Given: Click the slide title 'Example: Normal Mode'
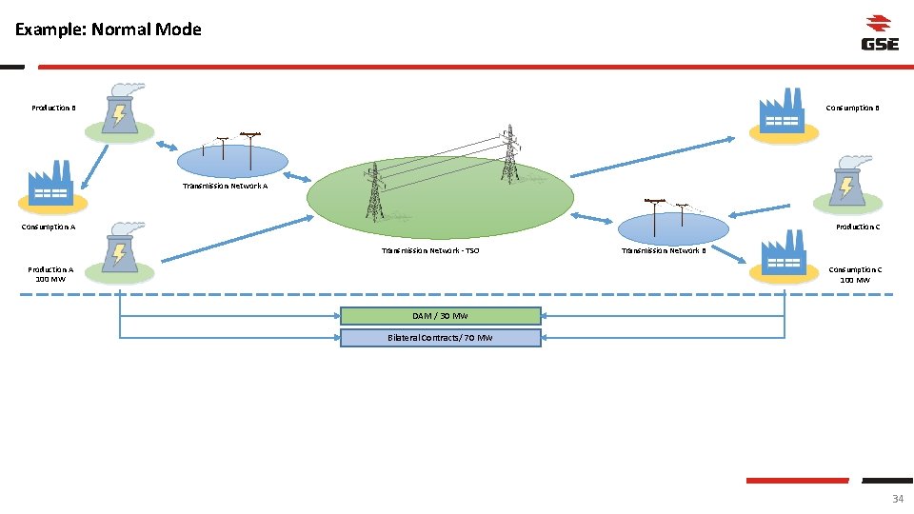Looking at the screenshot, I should pos(109,30).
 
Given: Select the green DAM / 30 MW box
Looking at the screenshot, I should pos(440,316).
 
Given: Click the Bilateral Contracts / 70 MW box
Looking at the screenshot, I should pos(440,338).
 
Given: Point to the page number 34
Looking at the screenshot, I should pos(897,499).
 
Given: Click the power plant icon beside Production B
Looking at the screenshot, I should pos(119,110).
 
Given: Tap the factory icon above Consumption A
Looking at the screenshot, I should pos(51,185).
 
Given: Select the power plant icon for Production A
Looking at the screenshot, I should pos(119,250).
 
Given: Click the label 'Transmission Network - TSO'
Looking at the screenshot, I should pos(430,251).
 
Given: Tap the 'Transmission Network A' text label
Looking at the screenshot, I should pos(225,187).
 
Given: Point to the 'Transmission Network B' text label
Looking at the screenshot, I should pos(664,251).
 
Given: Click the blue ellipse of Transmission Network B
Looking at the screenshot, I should pos(673,228).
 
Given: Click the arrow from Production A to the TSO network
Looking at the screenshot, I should pos(238,237).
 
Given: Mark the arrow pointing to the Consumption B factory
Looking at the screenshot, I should pos(653,157).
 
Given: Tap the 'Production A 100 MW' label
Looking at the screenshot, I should pos(50,274).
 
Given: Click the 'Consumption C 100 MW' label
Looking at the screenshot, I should pos(854,274).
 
